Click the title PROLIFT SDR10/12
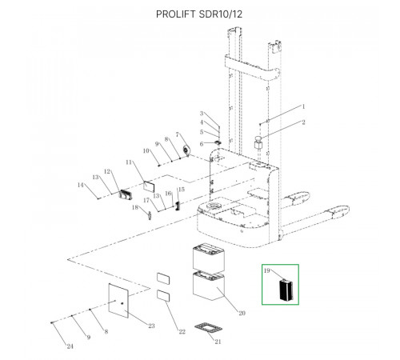pyautogui.click(x=199, y=14)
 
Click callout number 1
pyautogui.click(x=303, y=106)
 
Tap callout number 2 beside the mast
pyautogui.click(x=303, y=122)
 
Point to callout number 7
pyautogui.click(x=178, y=135)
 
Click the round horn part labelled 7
pyautogui.click(x=186, y=150)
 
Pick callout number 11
pyautogui.click(x=129, y=162)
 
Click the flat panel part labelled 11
pyautogui.click(x=149, y=186)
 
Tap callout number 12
pyautogui.click(x=107, y=171)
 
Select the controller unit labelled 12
pyautogui.click(x=126, y=194)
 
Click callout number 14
pyautogui.click(x=81, y=185)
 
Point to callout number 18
pyautogui.click(x=135, y=207)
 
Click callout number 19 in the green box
pyautogui.click(x=267, y=270)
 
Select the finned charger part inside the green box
pyautogui.click(x=286, y=290)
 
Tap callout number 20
pyautogui.click(x=242, y=313)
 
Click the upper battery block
pyautogui.click(x=209, y=257)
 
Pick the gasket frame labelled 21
pyautogui.click(x=208, y=328)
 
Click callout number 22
pyautogui.click(x=182, y=331)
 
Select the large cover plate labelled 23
pyautogui.click(x=118, y=301)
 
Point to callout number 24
pyautogui.click(x=70, y=346)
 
